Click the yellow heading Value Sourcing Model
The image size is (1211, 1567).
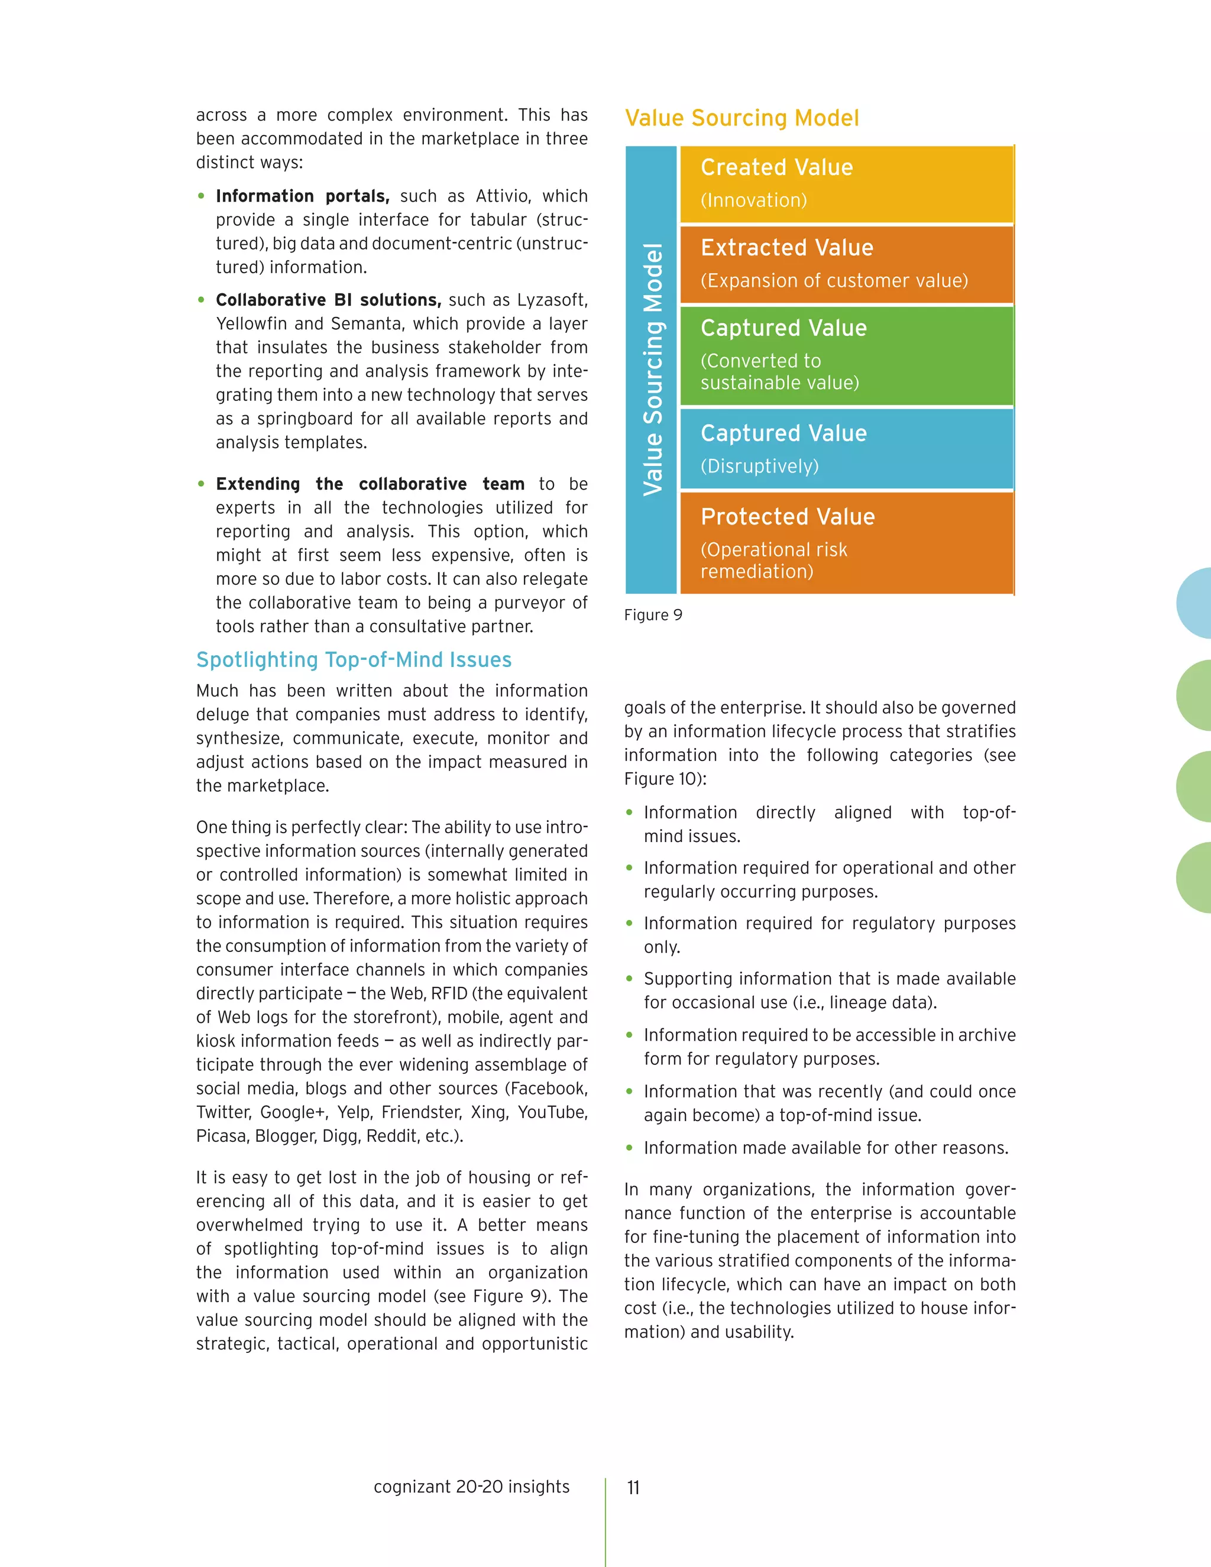(742, 118)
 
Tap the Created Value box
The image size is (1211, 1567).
(847, 184)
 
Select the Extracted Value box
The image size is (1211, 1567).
(847, 264)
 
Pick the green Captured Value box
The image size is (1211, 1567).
(847, 355)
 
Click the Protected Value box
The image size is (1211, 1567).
(847, 542)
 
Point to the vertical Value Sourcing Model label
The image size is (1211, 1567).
(652, 370)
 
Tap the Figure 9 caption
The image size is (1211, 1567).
(653, 615)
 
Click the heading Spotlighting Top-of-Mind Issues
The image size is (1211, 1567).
(354, 659)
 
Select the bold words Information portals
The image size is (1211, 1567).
(302, 196)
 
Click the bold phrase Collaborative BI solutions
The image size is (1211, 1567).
(328, 300)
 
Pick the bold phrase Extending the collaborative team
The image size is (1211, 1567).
(370, 484)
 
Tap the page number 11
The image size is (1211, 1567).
(633, 1487)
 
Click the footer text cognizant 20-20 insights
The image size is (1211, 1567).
(471, 1486)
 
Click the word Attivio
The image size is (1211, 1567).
(502, 196)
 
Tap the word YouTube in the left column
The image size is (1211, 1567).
(552, 1112)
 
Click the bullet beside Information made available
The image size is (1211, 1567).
(629, 1148)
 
